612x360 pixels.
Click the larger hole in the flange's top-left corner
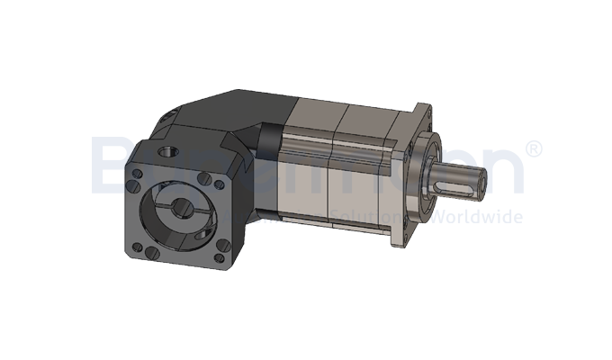click(140, 172)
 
